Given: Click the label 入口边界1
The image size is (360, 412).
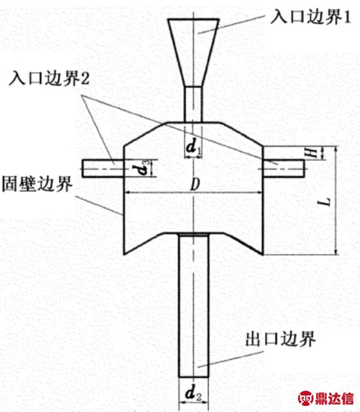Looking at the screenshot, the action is coord(311,18).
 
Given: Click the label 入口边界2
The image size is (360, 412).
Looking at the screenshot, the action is coord(49,78).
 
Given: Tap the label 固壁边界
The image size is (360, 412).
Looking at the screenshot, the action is coord(37,184).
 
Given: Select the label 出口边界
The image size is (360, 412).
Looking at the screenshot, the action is coord(280,339).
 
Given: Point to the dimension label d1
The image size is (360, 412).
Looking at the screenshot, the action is coord(193,146).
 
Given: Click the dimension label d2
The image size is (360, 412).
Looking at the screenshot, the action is coord(193,393).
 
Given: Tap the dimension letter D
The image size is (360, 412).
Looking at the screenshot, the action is coord(195,185).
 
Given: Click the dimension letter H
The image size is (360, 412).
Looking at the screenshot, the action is coord(312,153).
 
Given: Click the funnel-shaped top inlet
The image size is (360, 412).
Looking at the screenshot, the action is coord(193,52).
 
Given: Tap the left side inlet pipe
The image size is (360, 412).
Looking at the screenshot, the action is coord(103,168).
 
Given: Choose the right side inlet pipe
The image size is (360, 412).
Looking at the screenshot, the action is coord(284,168).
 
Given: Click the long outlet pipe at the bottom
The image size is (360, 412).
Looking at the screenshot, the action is coord(194,305).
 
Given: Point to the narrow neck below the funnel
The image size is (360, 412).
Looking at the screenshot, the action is coord(193,105).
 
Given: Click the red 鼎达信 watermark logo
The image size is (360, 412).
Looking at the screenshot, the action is coord(326,398).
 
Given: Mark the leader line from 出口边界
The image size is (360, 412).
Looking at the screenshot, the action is coord(230,359).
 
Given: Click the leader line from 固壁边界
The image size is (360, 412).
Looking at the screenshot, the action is coord(99,205).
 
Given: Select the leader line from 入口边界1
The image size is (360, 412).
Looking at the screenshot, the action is coord(232,24).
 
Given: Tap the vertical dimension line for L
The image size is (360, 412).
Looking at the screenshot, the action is coord(336,201).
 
